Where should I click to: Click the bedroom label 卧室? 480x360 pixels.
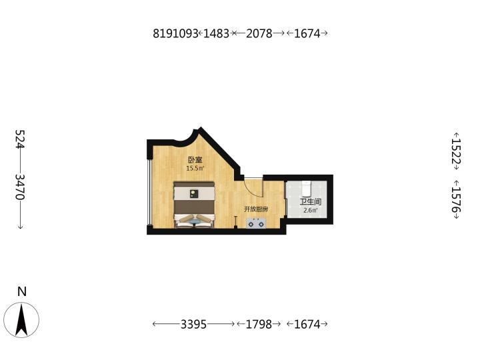195,160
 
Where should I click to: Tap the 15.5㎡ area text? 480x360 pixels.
195,168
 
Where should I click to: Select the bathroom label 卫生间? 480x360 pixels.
311,202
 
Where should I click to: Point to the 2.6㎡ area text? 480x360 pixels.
311,210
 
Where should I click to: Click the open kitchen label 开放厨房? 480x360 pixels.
256,209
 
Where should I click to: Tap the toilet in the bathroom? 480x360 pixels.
307,189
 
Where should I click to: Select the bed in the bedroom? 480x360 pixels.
194,205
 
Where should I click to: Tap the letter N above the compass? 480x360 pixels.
22,291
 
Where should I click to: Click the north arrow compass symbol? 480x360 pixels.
21,320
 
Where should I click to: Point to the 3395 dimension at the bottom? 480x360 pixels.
193,324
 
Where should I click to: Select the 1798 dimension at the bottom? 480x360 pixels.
259,324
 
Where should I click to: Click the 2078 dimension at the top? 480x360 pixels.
259,33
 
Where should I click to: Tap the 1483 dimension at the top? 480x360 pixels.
216,33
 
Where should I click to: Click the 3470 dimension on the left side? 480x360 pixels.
20,187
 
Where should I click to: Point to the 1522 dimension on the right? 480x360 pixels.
456,151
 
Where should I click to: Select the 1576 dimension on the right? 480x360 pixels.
456,199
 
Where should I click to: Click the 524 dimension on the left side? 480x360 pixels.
20,139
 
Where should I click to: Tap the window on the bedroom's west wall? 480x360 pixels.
149,192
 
